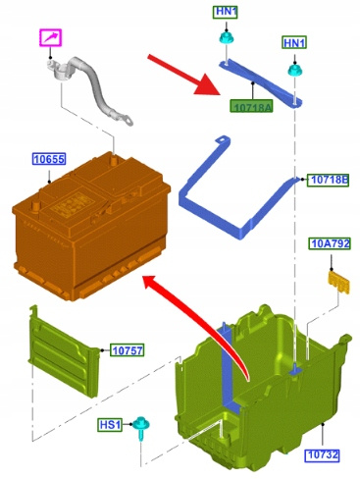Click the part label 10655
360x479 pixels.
point(49,159)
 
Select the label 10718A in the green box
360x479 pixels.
point(251,106)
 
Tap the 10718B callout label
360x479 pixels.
point(328,180)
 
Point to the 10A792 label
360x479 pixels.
point(330,243)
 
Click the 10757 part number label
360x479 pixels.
point(127,350)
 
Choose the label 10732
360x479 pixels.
point(323,455)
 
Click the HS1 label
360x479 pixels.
point(110,425)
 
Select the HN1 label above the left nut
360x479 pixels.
point(226,12)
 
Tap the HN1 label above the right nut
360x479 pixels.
point(294,43)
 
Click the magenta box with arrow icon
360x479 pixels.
point(51,37)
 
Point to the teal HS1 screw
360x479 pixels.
point(141,427)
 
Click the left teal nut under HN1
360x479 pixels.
point(226,38)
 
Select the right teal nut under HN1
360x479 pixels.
point(294,70)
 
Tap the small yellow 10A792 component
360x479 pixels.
point(338,282)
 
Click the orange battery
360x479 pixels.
point(91,225)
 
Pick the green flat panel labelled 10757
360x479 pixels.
point(64,352)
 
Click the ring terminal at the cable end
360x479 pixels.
point(127,121)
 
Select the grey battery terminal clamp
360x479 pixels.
point(60,69)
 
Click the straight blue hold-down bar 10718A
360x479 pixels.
point(260,82)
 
